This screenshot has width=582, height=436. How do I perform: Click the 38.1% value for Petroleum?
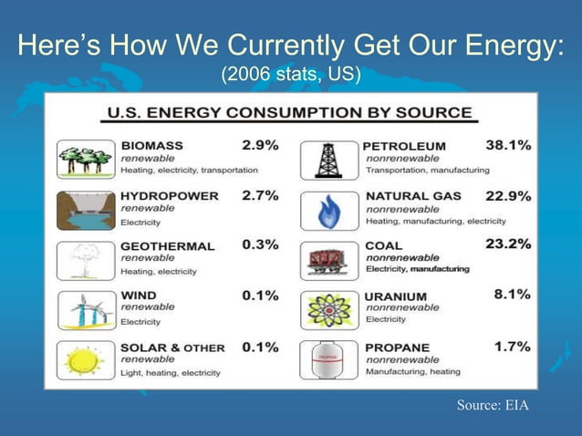[x=508, y=145]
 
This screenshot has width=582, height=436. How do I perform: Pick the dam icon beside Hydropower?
[x=85, y=211]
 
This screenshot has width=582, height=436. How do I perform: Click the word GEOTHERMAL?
[x=168, y=245]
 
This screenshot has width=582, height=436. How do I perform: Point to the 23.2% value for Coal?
[x=508, y=244]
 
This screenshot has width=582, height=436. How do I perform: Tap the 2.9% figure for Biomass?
[x=260, y=145]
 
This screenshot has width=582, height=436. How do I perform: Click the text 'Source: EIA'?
[x=492, y=405]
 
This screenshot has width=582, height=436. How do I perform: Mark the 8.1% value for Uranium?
[x=511, y=295]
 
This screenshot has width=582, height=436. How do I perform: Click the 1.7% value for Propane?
[x=511, y=347]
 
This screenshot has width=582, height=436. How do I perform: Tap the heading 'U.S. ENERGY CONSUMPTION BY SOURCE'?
[x=290, y=114]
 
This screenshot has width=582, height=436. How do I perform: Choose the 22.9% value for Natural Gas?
[x=508, y=195]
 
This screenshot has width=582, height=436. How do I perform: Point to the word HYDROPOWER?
[x=170, y=195]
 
